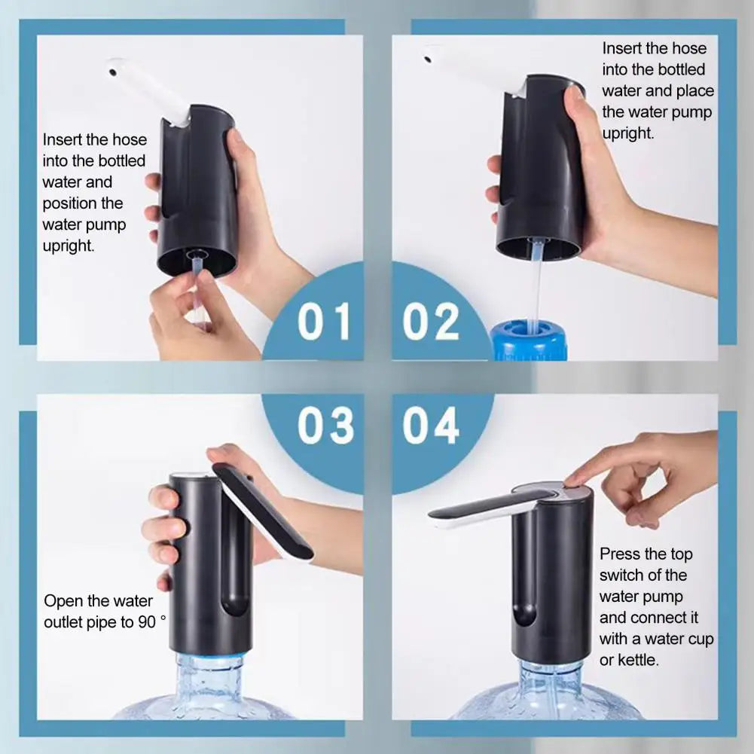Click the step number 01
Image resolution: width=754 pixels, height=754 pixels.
(324, 322)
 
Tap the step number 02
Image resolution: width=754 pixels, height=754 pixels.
(430, 322)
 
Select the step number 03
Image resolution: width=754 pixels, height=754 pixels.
(325, 426)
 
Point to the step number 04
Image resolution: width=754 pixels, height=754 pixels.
(430, 426)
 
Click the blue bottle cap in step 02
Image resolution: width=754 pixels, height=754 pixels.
(527, 343)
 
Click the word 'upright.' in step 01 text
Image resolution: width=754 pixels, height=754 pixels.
(69, 246)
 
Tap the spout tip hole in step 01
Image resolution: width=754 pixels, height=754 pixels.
(112, 72)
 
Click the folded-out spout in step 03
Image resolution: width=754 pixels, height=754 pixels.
(264, 512)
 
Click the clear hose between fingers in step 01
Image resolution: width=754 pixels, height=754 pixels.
(197, 290)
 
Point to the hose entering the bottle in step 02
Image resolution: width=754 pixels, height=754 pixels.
(534, 301)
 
